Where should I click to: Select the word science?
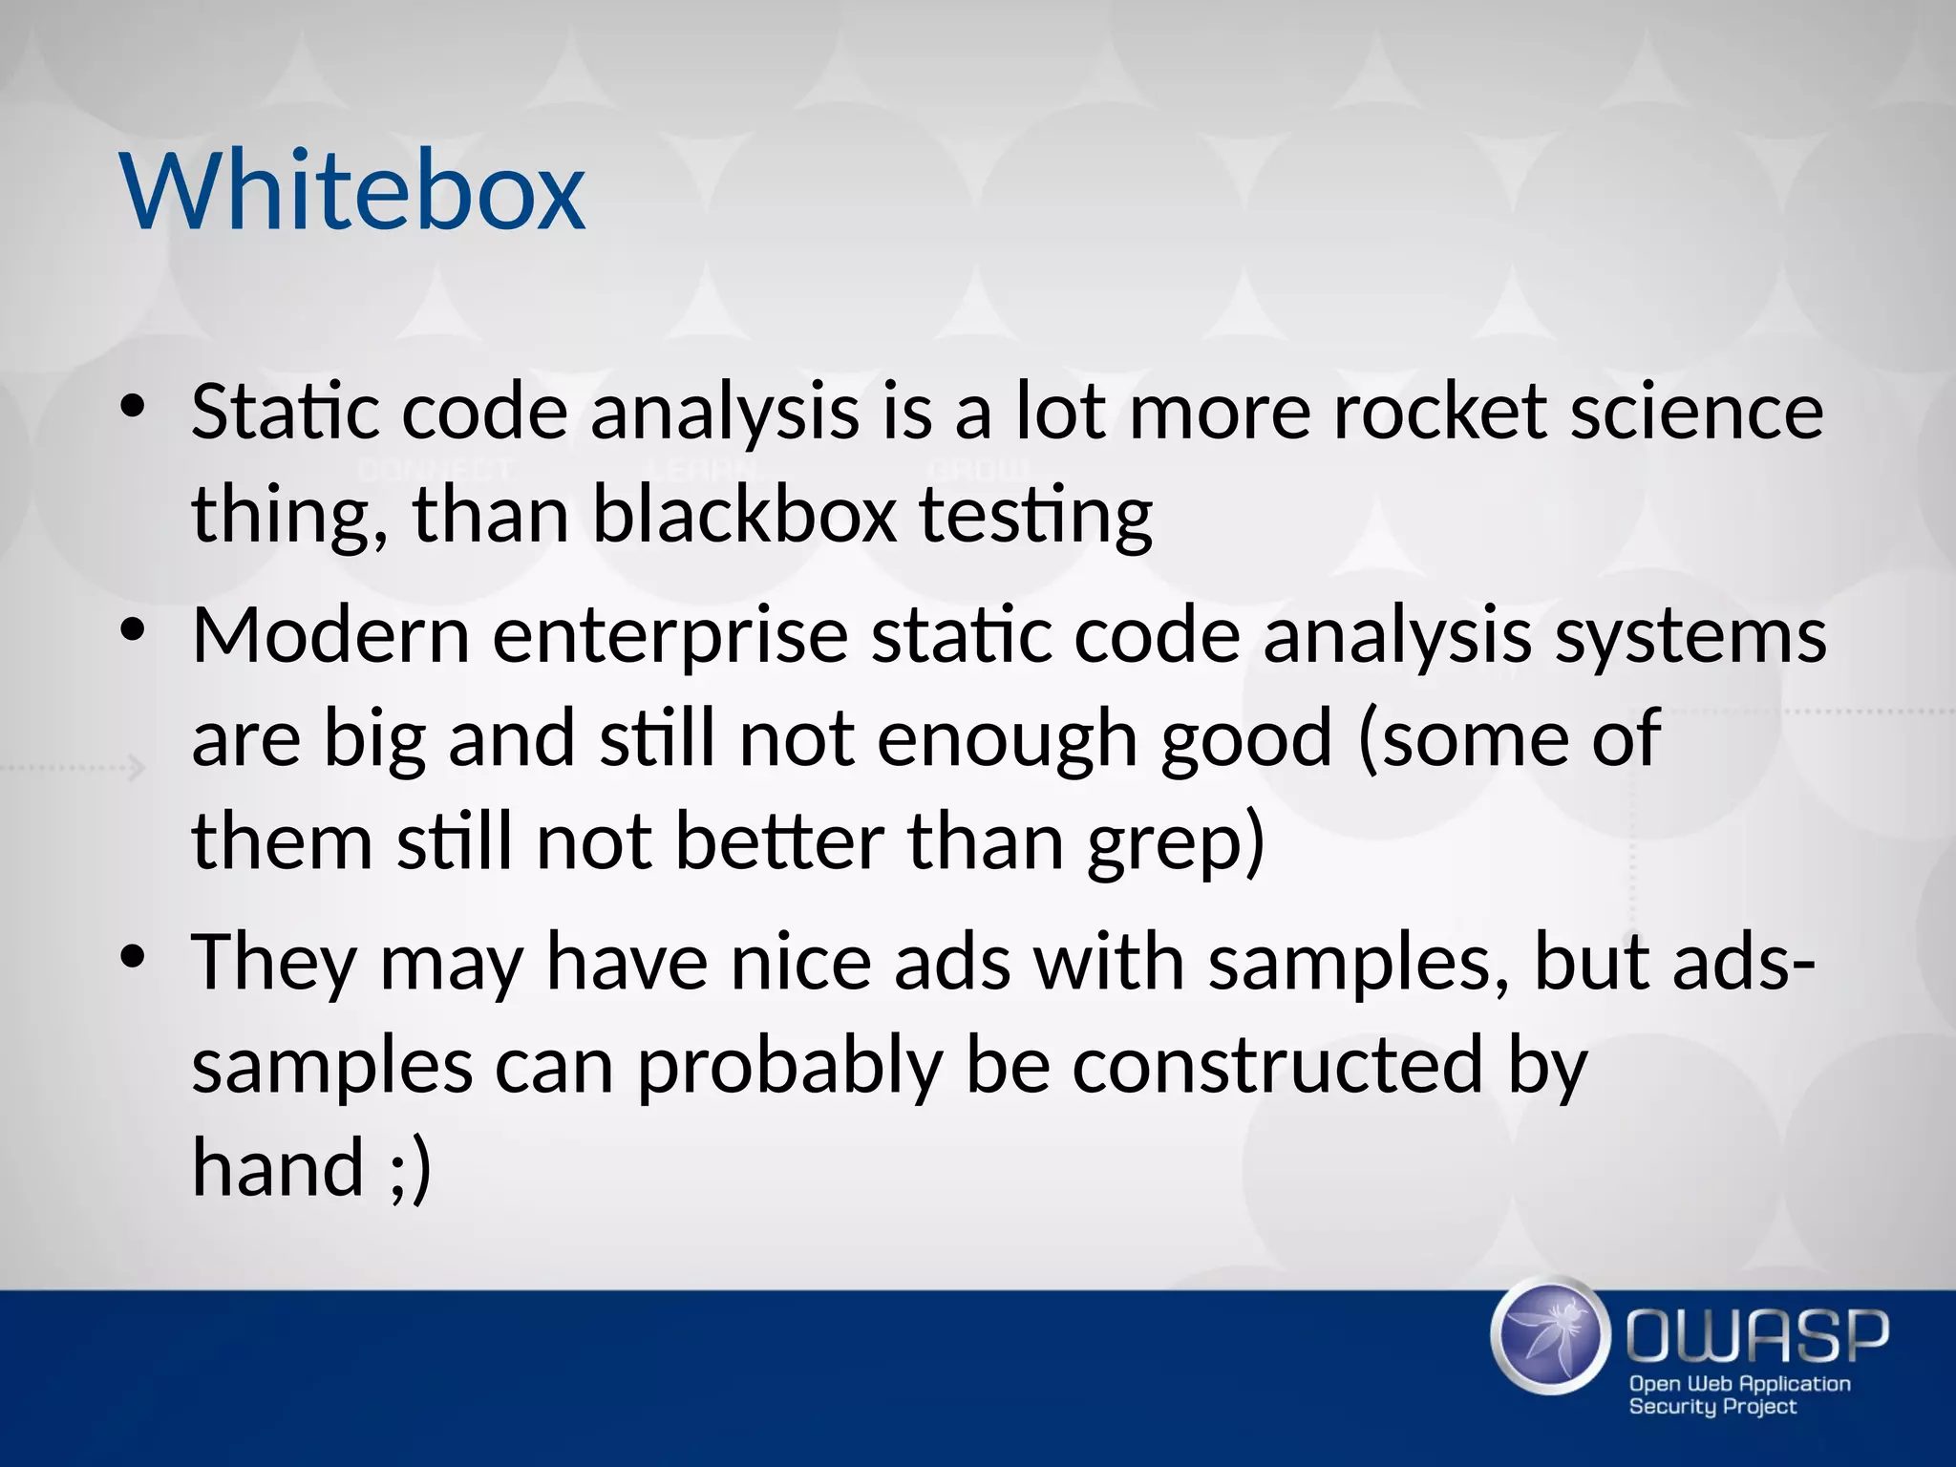coord(1697,413)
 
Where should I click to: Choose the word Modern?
coord(330,636)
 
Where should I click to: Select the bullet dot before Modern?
coord(133,632)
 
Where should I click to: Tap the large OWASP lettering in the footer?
coord(1757,1337)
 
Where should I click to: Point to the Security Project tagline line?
coord(1711,1406)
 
